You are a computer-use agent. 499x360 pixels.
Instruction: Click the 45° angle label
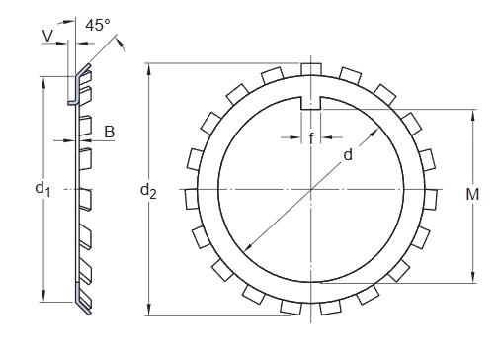98,25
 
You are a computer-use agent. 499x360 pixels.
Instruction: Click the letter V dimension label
48,36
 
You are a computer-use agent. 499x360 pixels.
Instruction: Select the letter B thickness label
110,132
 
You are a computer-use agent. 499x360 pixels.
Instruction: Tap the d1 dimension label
42,189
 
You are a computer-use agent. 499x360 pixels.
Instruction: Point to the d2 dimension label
148,191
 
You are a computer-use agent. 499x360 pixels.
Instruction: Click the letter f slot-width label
311,138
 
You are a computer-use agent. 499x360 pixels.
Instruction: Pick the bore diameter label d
348,154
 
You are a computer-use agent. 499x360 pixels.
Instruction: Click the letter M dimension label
472,194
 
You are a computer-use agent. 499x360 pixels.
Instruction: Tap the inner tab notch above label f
311,103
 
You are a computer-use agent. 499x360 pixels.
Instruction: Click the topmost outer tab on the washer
311,69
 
